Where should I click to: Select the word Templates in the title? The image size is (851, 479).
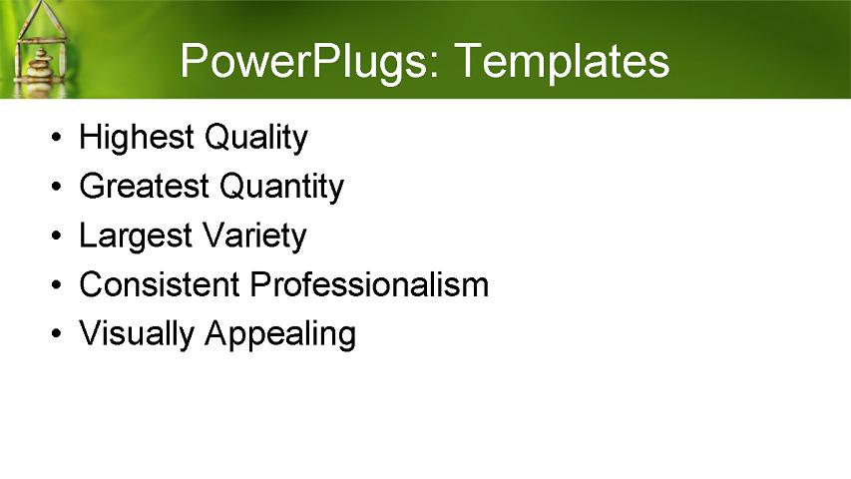(x=561, y=62)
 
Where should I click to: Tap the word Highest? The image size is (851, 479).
(x=136, y=138)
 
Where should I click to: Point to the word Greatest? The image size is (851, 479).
(x=144, y=187)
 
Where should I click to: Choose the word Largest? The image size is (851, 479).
(x=136, y=236)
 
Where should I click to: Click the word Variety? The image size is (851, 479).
(x=253, y=237)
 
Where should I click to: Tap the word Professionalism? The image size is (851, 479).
(x=369, y=285)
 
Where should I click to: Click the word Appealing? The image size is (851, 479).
(x=280, y=334)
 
